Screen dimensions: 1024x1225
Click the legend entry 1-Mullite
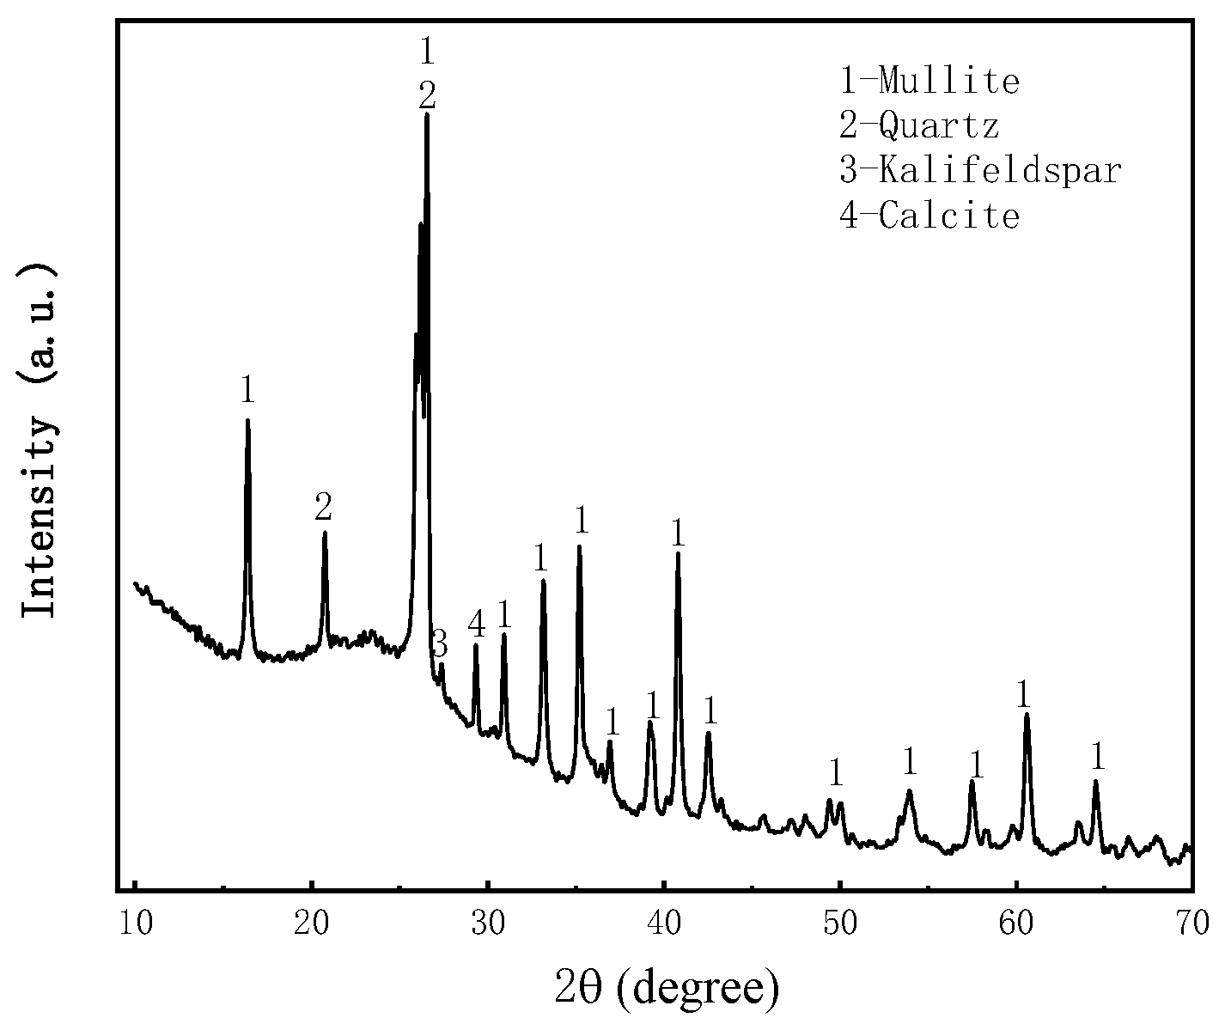[929, 82]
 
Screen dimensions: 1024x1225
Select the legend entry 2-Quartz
[919, 126]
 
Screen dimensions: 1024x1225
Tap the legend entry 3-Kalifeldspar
[981, 170]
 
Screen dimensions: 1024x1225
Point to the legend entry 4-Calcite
[929, 215]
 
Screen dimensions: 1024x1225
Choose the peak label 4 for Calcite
[477, 625]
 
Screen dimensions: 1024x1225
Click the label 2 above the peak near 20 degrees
[323, 507]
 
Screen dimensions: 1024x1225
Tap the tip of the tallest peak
[427, 115]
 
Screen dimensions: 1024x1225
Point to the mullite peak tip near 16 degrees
[247, 421]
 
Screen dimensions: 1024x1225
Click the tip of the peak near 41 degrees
[678, 554]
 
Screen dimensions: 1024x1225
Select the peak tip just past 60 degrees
[1026, 715]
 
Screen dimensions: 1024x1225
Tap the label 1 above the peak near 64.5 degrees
[1097, 757]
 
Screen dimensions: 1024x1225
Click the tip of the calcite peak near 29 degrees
[475, 645]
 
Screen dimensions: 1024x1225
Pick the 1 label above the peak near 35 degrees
[581, 520]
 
